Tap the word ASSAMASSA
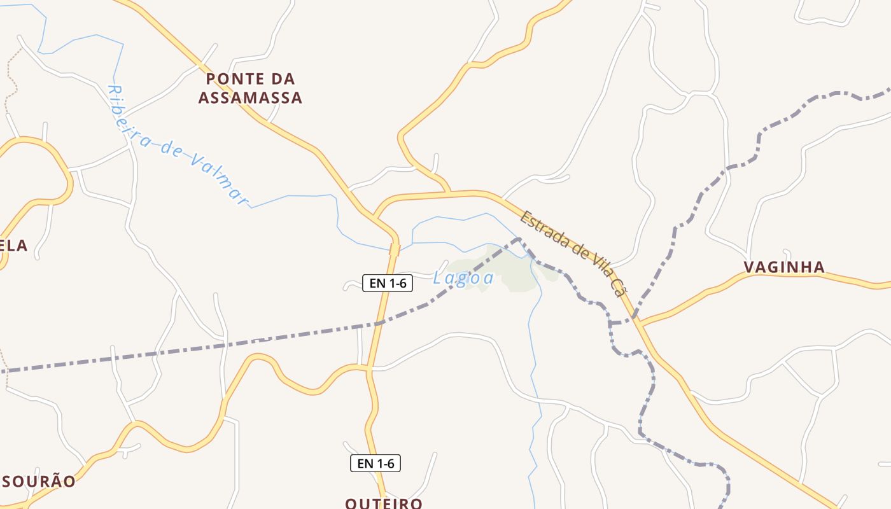250,98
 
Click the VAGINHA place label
785,267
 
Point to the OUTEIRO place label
384,503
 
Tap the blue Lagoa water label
463,278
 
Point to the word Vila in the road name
596,266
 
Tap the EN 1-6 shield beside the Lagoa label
388,283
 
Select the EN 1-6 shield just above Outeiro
375,463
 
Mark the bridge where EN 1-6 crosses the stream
394,249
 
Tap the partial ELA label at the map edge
14,246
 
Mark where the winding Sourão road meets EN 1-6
368,368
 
